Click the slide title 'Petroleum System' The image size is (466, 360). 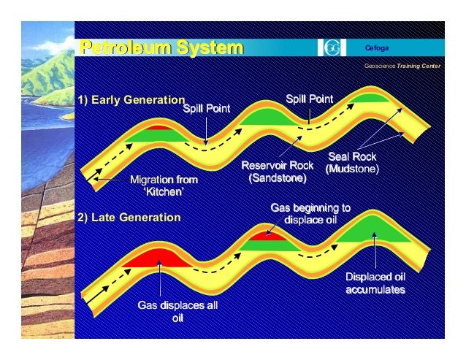161,49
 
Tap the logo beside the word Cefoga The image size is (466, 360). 332,48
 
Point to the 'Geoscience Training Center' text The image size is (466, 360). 402,65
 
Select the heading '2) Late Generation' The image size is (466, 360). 128,217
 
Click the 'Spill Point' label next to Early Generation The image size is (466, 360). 207,109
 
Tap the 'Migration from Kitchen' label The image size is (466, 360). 163,185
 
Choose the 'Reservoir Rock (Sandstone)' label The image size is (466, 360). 272,172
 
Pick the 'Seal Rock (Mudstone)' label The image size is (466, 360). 352,163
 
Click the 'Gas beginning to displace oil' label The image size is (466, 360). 310,214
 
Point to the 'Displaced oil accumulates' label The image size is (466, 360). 375,283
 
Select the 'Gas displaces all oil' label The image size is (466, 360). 177,312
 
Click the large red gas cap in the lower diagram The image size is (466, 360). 155,258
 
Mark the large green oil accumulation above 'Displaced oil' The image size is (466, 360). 373,231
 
